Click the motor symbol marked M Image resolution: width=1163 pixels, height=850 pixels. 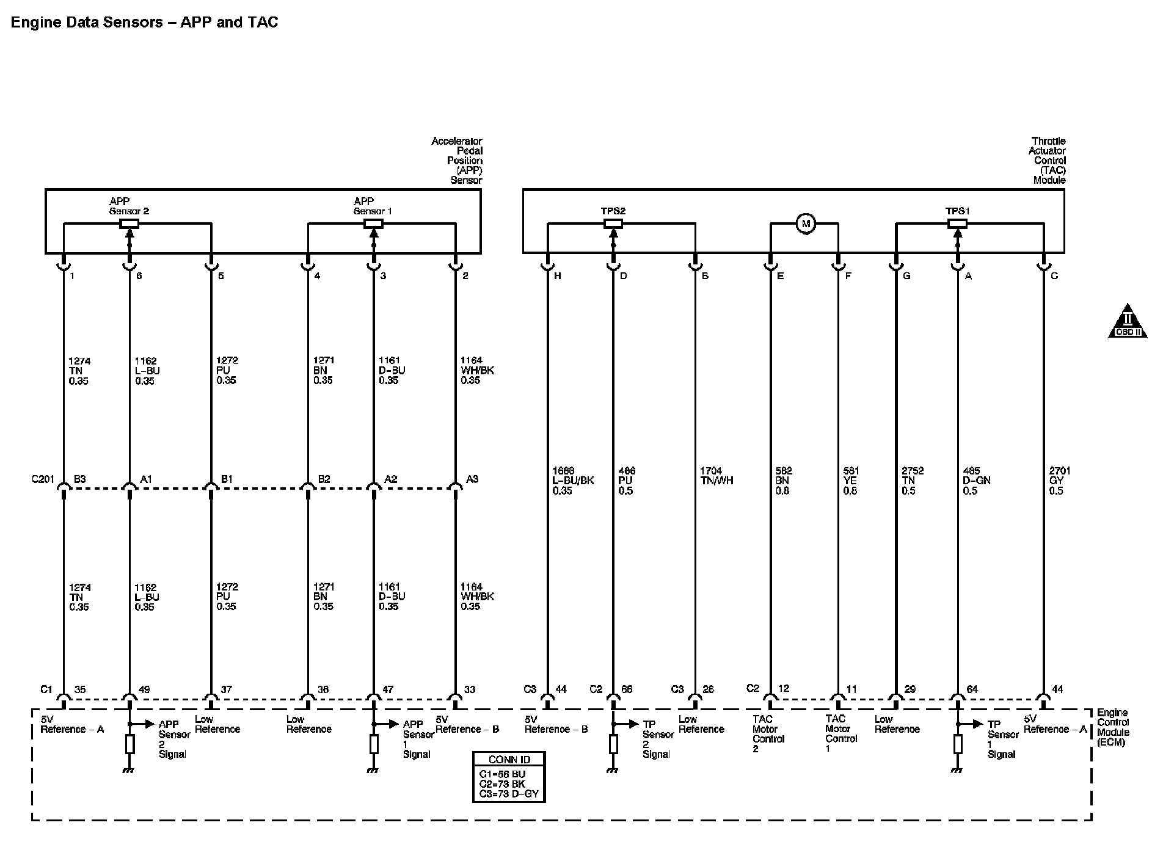coord(806,224)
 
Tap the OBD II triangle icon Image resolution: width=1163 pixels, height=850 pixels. coord(1128,322)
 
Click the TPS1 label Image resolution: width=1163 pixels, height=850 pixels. coord(957,211)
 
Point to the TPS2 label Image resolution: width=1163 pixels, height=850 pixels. coord(613,211)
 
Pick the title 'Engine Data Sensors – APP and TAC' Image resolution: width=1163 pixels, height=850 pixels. coord(145,23)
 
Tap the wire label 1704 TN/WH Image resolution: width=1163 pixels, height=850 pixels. coord(716,476)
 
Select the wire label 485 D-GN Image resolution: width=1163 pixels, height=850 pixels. coord(976,481)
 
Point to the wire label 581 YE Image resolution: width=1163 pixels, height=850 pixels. coord(850,481)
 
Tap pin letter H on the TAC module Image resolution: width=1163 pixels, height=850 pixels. coord(557,276)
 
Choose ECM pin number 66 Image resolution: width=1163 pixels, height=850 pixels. coord(627,689)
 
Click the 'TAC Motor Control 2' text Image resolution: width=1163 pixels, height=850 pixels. coord(764,734)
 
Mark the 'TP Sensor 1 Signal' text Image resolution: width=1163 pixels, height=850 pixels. coord(1002,739)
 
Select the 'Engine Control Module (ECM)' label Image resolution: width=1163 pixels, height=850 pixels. coord(1114,728)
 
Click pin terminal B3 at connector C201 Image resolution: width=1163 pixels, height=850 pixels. coord(79,479)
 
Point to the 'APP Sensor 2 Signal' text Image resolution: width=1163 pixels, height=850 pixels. coord(173,739)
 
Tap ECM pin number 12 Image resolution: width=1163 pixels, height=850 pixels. coord(784,689)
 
